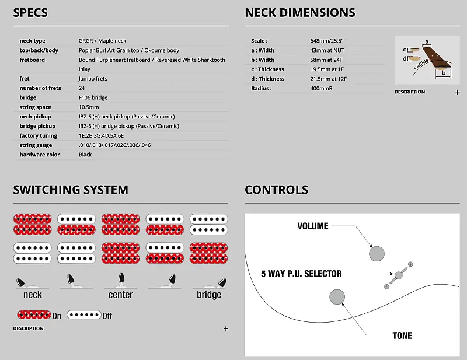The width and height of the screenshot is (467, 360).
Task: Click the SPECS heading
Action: (30, 12)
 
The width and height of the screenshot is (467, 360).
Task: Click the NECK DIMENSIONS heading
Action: (299, 12)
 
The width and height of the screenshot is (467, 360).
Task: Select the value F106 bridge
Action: (93, 97)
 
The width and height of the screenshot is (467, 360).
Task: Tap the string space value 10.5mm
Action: (89, 107)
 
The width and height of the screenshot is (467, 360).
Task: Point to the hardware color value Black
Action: (85, 155)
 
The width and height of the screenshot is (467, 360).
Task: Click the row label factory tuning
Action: (39, 135)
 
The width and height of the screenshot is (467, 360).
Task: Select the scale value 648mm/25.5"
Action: (327, 41)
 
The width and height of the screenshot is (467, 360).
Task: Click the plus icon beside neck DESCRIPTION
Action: (458, 92)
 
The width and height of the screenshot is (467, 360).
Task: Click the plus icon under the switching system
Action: (226, 328)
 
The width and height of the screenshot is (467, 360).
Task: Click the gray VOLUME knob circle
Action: (377, 254)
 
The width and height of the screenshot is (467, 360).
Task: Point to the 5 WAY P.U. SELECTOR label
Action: (301, 273)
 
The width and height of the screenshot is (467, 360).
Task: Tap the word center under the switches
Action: (121, 295)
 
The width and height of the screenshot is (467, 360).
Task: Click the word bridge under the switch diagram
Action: (209, 295)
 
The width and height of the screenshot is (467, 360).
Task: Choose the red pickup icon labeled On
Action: (34, 315)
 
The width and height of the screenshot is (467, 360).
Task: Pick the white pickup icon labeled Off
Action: (84, 315)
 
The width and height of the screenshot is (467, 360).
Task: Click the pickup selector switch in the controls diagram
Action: (399, 275)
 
